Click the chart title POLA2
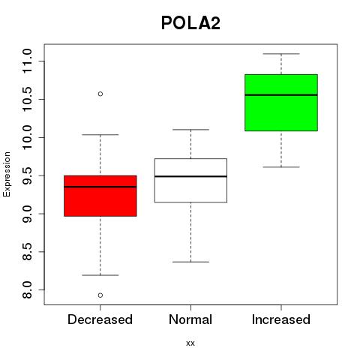pos(190,23)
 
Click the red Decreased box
pos(100,196)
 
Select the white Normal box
pos(190,180)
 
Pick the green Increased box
pos(281,103)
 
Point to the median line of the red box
pos(100,187)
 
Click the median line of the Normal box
pos(190,176)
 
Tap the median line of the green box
pos(281,95)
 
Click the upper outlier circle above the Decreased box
pos(100,94)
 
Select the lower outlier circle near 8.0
pos(100,295)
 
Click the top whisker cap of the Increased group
pos(281,54)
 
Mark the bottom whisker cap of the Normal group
pos(190,262)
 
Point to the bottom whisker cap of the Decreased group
pos(100,275)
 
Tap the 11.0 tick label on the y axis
pos(27,61)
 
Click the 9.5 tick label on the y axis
pos(27,175)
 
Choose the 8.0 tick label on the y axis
pos(27,289)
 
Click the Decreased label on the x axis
pos(100,319)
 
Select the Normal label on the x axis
pos(190,319)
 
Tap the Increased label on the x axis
pos(281,319)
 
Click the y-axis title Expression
pos(7,174)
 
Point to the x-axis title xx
pos(190,343)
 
